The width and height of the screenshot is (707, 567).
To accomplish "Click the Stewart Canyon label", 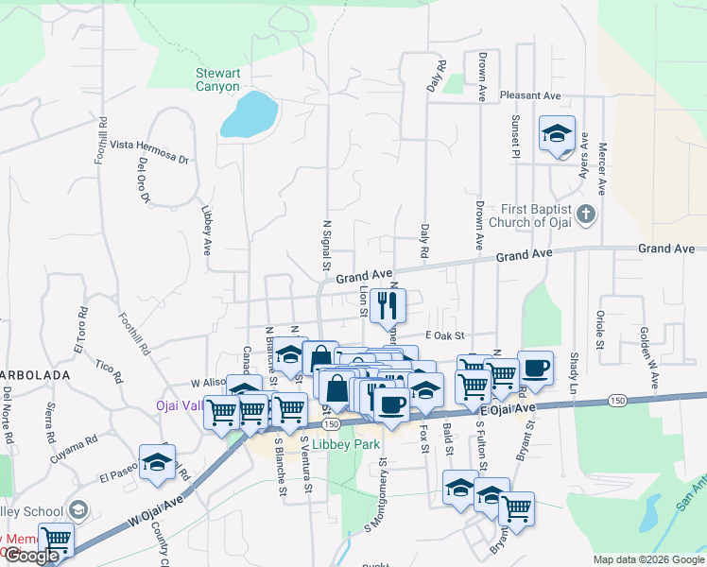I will [218, 79].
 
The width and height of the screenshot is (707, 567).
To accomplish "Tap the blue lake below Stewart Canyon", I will [249, 114].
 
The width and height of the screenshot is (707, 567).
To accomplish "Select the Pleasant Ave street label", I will [530, 95].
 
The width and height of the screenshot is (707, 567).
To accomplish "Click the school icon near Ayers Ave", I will [557, 133].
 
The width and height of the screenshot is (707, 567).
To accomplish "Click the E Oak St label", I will [445, 335].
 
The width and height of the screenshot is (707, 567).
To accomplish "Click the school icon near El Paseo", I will [157, 461].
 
